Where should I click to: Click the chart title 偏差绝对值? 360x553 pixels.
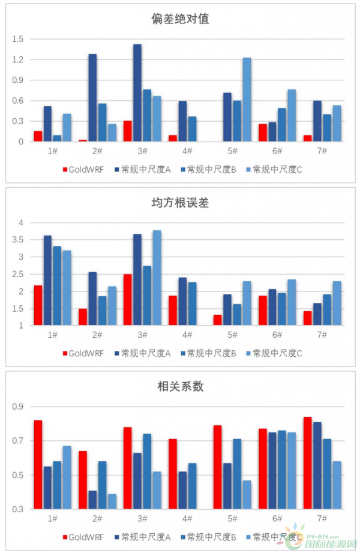pyautogui.click(x=180, y=19)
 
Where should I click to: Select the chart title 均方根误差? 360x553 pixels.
pyautogui.click(x=180, y=204)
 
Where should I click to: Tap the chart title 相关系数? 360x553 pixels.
pyautogui.click(x=180, y=387)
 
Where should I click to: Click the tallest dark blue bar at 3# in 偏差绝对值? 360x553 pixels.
pyautogui.click(x=137, y=93)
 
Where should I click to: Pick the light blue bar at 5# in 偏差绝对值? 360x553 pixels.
pyautogui.click(x=247, y=100)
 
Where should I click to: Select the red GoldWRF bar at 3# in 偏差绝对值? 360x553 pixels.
pyautogui.click(x=128, y=131)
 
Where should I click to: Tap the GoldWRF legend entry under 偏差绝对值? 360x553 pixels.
pyautogui.click(x=83, y=169)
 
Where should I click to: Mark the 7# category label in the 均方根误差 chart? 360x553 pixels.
pyautogui.click(x=322, y=335)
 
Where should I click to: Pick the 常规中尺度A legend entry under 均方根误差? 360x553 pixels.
pyautogui.click(x=143, y=353)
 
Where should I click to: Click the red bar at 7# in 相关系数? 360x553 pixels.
pyautogui.click(x=307, y=463)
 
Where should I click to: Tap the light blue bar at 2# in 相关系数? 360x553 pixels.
pyautogui.click(x=112, y=502)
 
